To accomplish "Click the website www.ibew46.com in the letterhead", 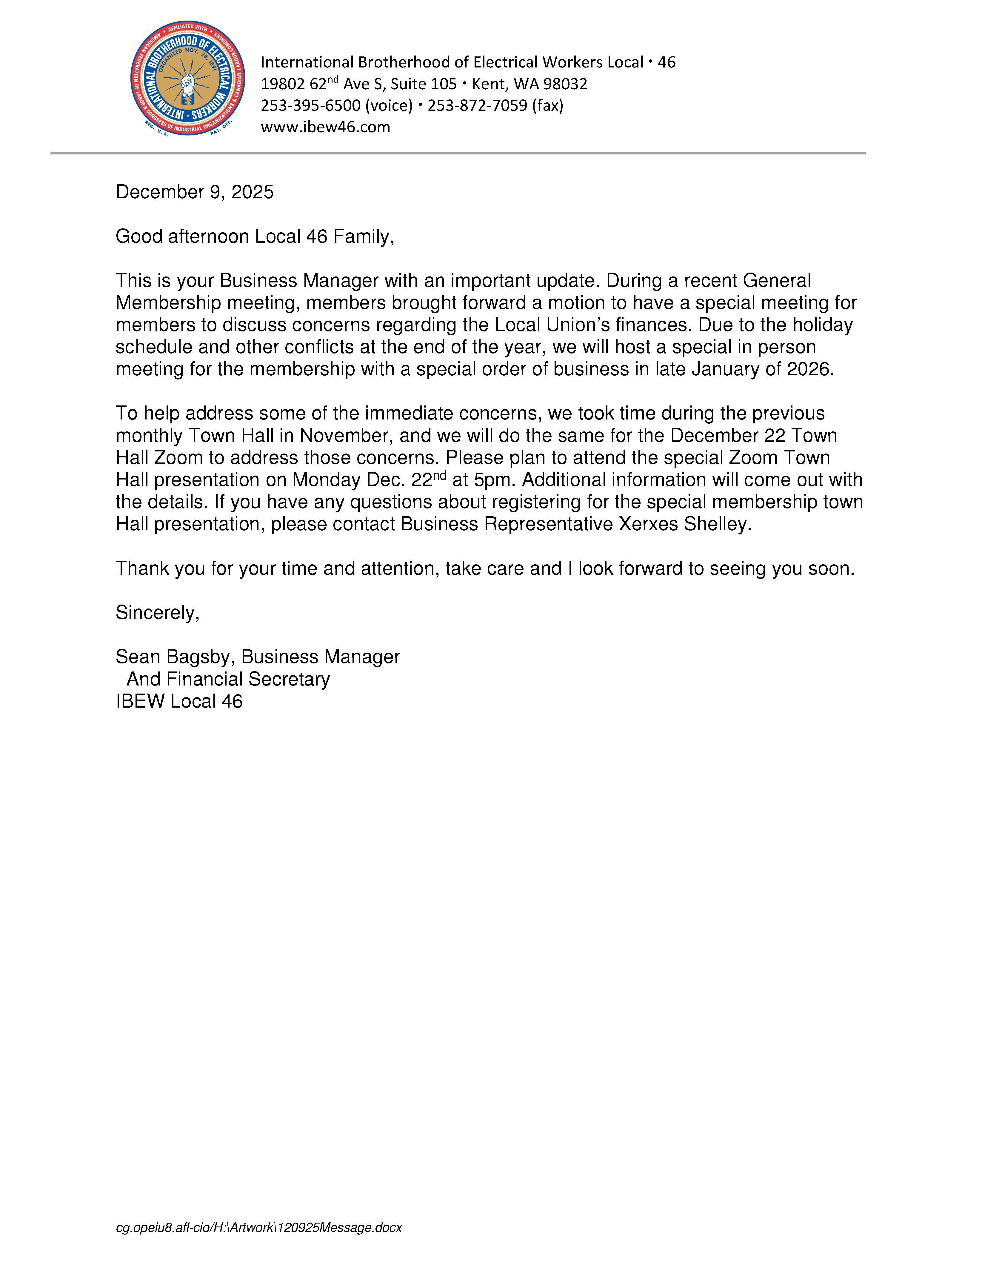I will [x=325, y=127].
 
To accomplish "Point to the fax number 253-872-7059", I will [x=477, y=105].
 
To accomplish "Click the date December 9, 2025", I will [x=194, y=192].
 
